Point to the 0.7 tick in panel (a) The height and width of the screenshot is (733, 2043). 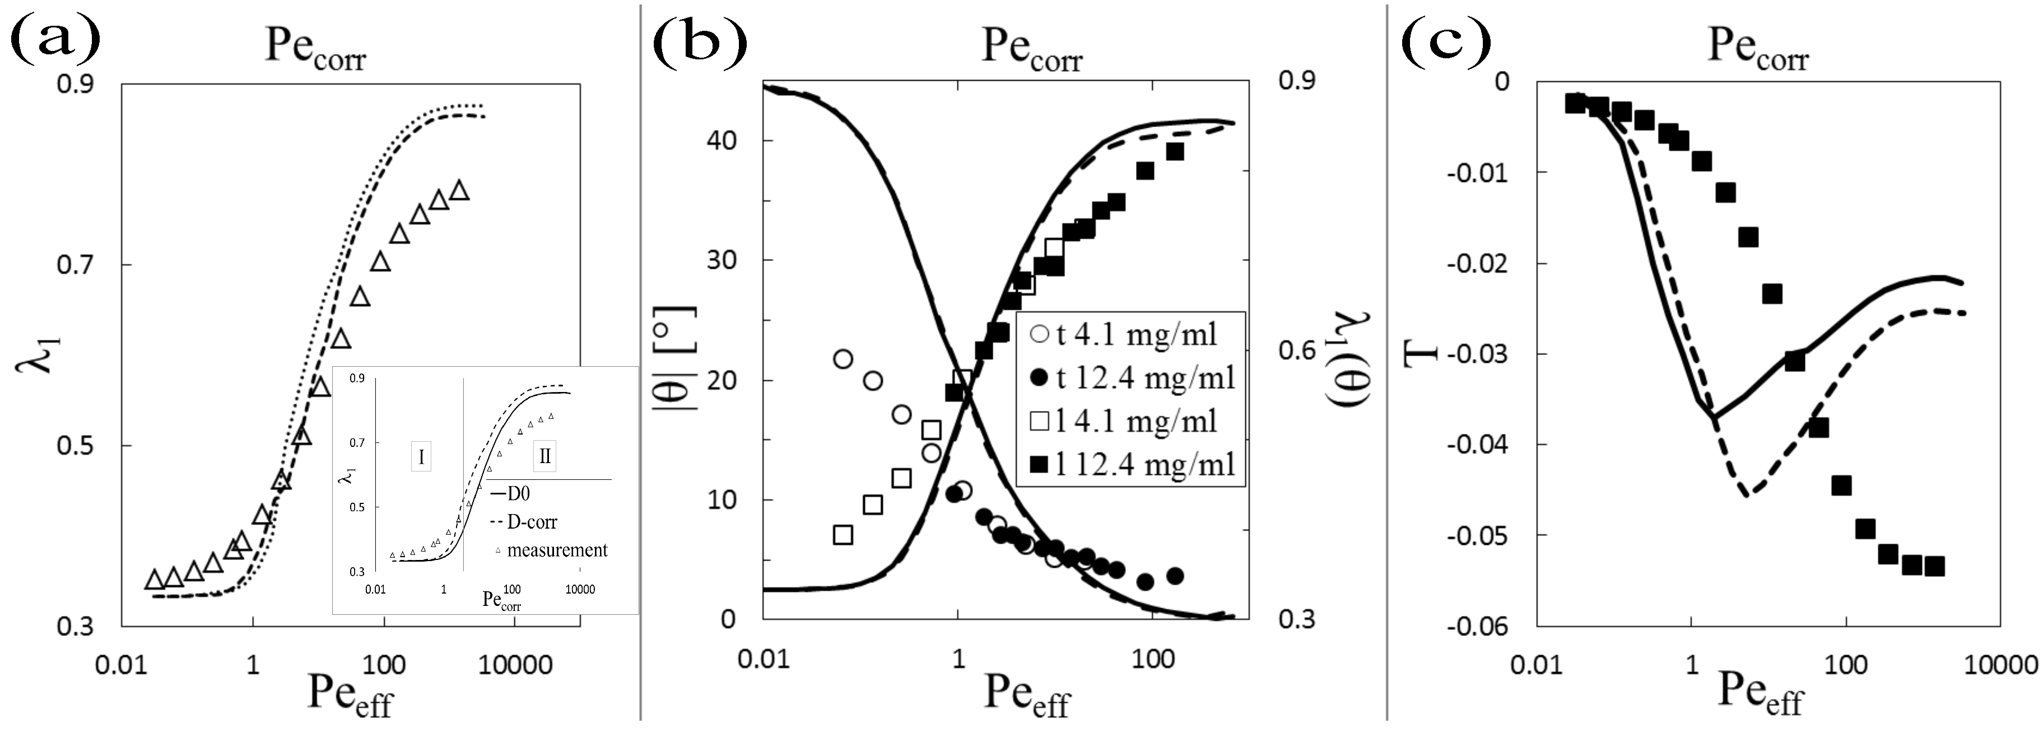click(x=75, y=264)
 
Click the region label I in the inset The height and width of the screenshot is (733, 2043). click(x=421, y=457)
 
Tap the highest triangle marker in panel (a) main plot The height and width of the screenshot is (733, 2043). click(x=458, y=190)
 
